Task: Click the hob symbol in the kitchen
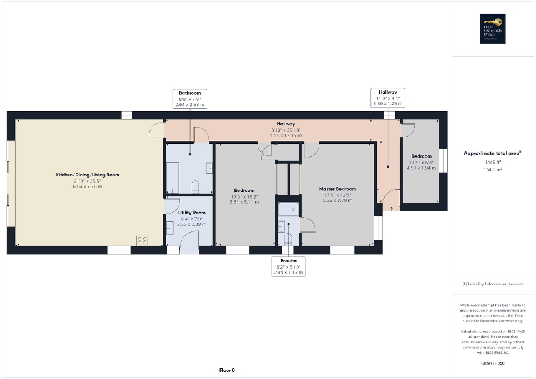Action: click(x=142, y=240)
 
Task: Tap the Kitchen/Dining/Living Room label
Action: click(x=87, y=175)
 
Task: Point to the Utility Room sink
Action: click(x=170, y=228)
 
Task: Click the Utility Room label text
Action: click(x=192, y=213)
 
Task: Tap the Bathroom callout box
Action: click(x=190, y=98)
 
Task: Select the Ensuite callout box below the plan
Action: click(x=289, y=266)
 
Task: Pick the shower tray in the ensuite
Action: click(x=288, y=209)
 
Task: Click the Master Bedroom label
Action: click(x=338, y=189)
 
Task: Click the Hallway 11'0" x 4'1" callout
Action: click(x=388, y=98)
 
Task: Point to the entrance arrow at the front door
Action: click(x=390, y=208)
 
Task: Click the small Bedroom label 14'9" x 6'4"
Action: click(x=421, y=156)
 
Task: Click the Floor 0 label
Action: click(x=226, y=370)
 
